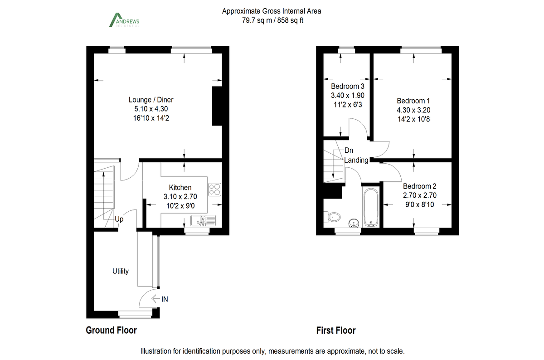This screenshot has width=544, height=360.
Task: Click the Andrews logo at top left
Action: pos(124,21)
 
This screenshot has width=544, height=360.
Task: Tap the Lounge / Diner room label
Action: pos(151,100)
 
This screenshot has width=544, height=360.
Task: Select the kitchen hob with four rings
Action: pos(214,189)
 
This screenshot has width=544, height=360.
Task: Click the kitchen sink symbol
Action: pos(203,221)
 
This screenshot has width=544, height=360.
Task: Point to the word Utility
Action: pos(121,271)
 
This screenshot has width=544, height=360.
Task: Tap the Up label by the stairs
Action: pos(119,219)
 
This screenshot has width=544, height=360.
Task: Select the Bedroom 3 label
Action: pos(348,86)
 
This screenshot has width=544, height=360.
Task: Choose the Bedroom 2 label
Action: pos(420,186)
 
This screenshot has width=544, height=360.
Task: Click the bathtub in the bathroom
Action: pos(371,207)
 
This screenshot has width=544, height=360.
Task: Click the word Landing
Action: pos(356,160)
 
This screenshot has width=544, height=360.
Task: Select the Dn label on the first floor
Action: pos(349,151)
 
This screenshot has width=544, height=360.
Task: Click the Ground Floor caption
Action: pos(111,331)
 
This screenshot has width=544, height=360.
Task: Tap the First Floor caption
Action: pos(336,331)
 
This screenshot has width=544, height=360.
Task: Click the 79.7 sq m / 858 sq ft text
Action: pos(272,20)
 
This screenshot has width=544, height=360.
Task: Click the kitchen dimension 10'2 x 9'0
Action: pos(180,205)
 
